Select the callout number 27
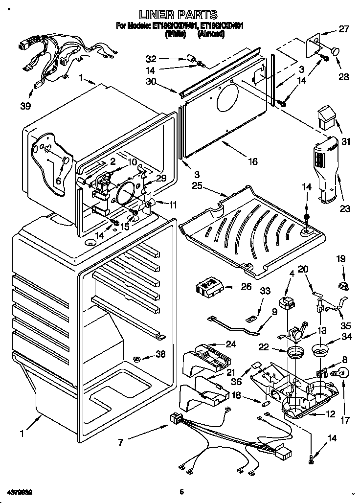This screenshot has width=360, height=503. click(344, 29)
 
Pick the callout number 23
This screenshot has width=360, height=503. click(345, 209)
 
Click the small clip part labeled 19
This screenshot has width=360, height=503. click(342, 286)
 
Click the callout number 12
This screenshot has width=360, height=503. click(330, 414)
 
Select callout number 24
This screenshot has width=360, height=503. click(230, 344)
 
